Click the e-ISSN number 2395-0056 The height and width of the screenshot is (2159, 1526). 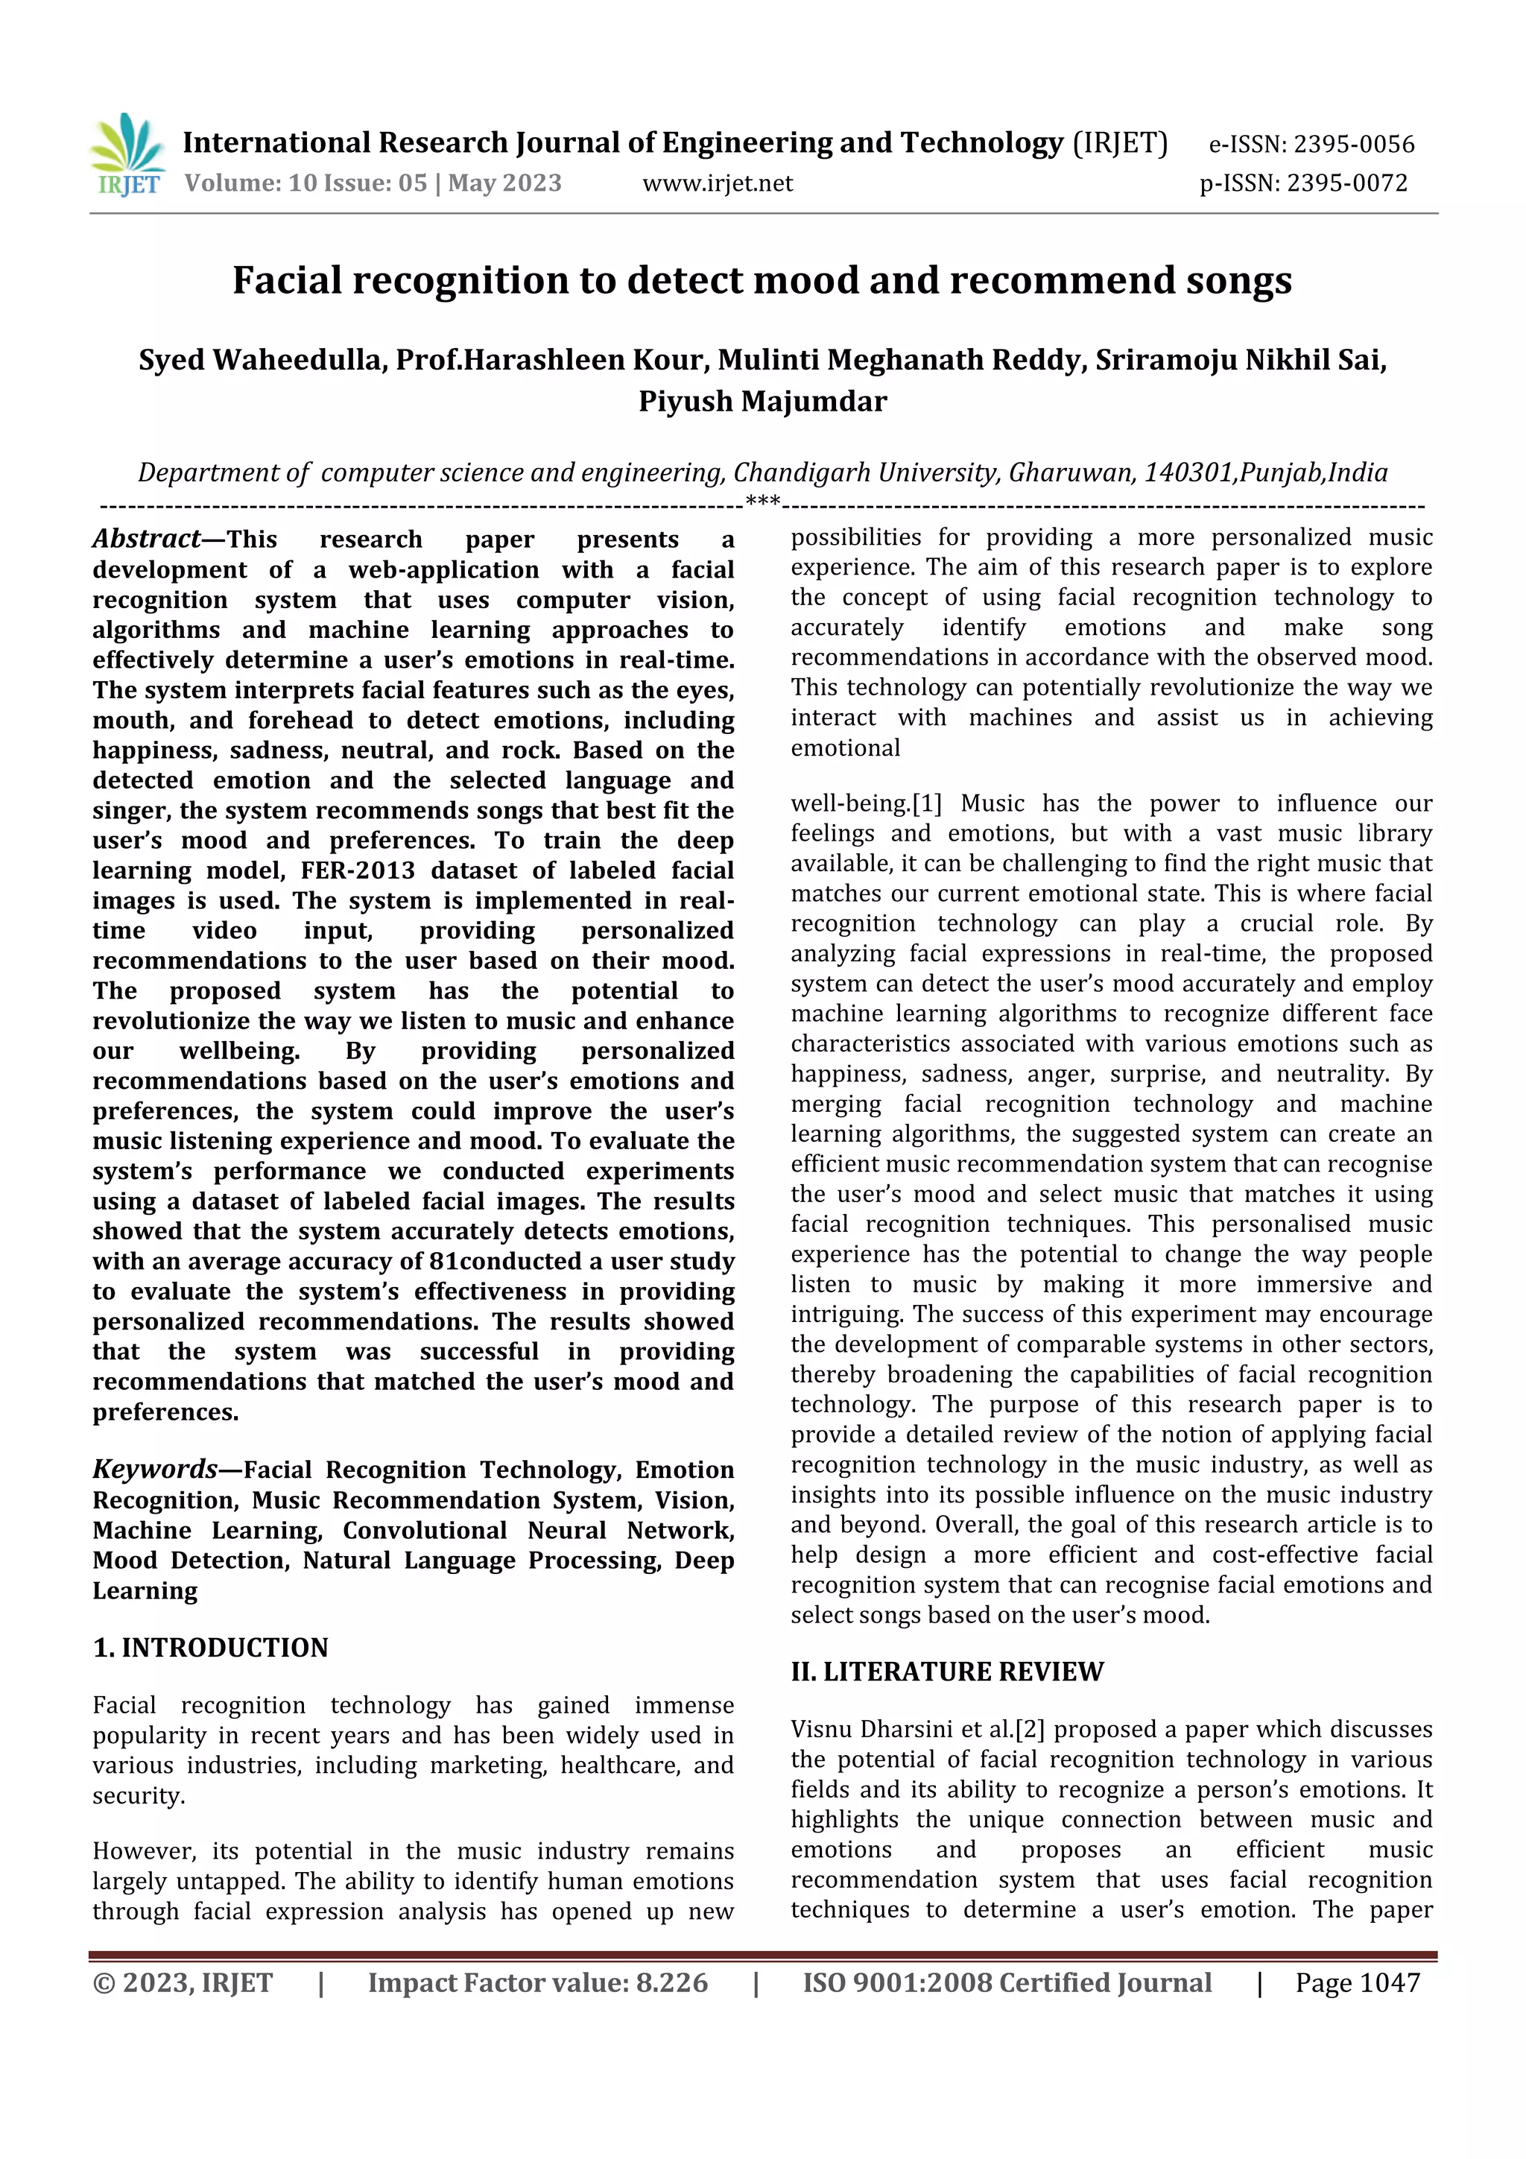[1353, 145]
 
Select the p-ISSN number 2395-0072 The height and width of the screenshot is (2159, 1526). [1346, 183]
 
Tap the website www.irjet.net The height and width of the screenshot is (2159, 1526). [718, 183]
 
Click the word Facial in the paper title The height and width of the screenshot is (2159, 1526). [287, 280]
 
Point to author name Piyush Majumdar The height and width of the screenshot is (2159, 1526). [762, 402]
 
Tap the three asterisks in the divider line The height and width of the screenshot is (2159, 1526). [762, 502]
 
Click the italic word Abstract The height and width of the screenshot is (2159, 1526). [146, 539]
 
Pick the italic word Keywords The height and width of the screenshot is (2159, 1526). [155, 1469]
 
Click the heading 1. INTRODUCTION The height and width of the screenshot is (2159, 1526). [211, 1648]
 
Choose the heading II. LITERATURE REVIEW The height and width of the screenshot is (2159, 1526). [947, 1672]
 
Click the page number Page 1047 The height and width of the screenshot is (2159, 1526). [1357, 1983]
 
